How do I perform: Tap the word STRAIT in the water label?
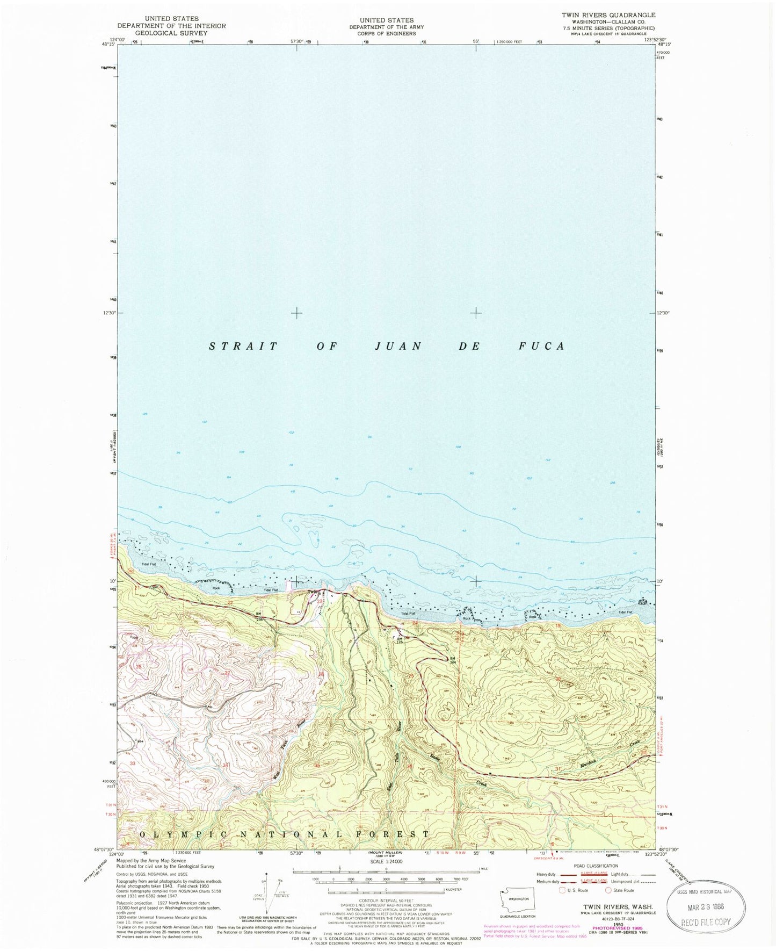(x=243, y=347)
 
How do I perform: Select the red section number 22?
(x=230, y=603)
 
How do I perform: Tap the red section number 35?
(x=317, y=766)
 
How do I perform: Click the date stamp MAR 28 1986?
(x=705, y=906)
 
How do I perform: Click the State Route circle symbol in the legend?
(x=609, y=890)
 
